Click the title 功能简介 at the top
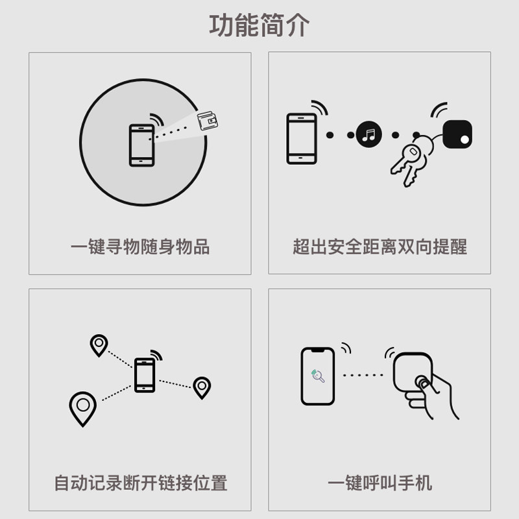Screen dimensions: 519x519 click(x=259, y=25)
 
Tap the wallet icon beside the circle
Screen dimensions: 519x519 click(x=208, y=121)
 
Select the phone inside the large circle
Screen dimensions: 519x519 click(x=141, y=145)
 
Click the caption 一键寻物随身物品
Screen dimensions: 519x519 click(x=140, y=247)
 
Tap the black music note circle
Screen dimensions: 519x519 click(x=368, y=135)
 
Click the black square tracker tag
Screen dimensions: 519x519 click(x=457, y=134)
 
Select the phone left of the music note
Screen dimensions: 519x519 click(x=302, y=139)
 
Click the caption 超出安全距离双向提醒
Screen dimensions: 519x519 click(x=380, y=247)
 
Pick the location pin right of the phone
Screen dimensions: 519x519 click(x=202, y=387)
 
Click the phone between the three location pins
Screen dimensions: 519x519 click(x=145, y=375)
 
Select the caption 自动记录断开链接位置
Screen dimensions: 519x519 click(x=141, y=483)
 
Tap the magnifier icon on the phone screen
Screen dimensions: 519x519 click(x=318, y=376)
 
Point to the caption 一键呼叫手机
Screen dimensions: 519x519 click(x=380, y=483)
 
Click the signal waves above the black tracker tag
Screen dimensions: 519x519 click(x=439, y=110)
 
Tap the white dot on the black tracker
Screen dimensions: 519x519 click(x=465, y=139)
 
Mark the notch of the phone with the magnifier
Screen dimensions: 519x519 click(x=317, y=350)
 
